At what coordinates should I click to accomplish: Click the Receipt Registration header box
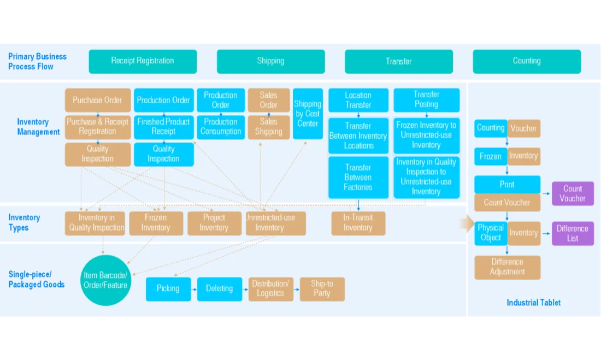tap(143, 61)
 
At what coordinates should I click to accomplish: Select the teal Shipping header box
tap(270, 61)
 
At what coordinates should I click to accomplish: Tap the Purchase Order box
tap(98, 100)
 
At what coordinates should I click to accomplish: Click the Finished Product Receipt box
tap(164, 127)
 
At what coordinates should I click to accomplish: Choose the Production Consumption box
tap(221, 127)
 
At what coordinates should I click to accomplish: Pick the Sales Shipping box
tap(269, 127)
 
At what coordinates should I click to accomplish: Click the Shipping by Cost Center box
tap(308, 114)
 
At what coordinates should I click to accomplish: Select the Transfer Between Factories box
tap(358, 178)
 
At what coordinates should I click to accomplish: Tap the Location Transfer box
tap(358, 100)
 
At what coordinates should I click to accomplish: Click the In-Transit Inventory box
tap(358, 223)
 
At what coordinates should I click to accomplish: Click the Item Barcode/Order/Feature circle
tap(105, 280)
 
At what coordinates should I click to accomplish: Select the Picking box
tap(168, 289)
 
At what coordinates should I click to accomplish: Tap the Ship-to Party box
tap(322, 289)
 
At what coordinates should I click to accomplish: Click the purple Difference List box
tap(573, 233)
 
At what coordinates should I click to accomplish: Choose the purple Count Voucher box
tap(573, 193)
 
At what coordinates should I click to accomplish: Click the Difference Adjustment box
tap(508, 267)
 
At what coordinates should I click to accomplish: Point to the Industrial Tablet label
tap(534, 303)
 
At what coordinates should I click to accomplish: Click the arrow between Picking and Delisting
tap(194, 290)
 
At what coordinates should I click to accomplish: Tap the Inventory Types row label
tap(24, 223)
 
